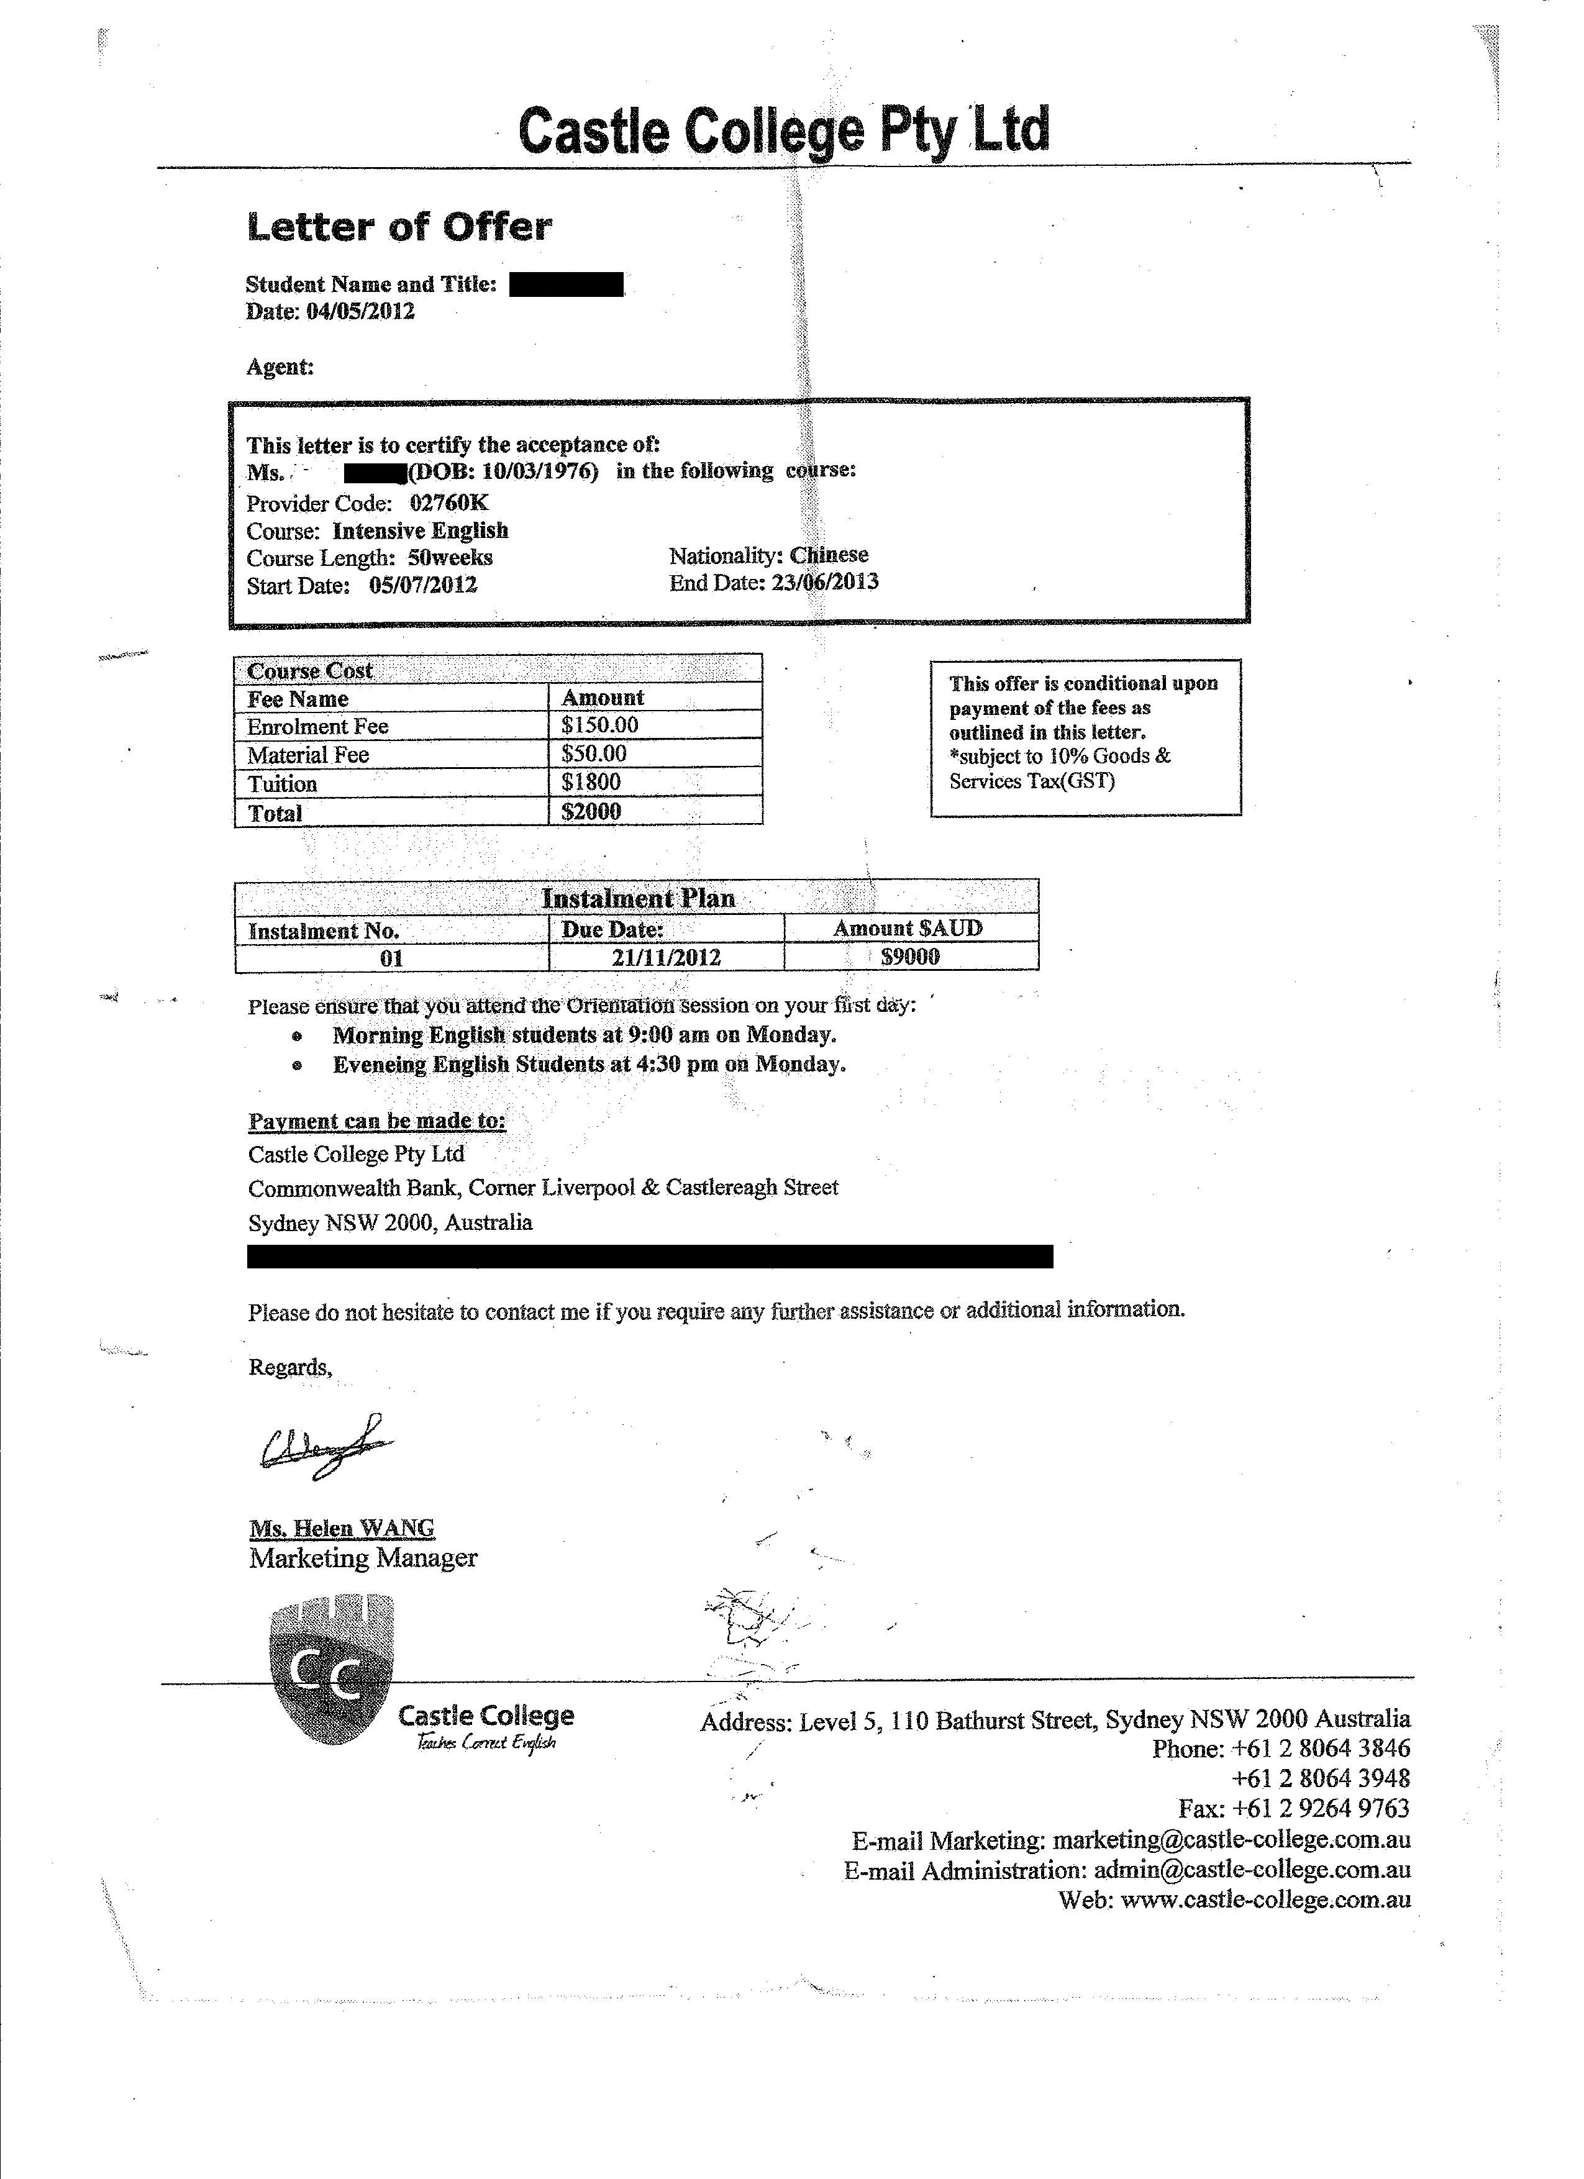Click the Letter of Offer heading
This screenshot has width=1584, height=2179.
pyautogui.click(x=399, y=227)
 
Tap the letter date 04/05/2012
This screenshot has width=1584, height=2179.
pyautogui.click(x=360, y=311)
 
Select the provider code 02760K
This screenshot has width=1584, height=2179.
pyautogui.click(x=450, y=503)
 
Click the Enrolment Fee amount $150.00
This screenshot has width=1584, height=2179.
pyautogui.click(x=600, y=726)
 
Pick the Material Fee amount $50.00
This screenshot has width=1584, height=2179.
pyautogui.click(x=594, y=754)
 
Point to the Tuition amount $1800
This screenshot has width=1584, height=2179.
pyautogui.click(x=592, y=782)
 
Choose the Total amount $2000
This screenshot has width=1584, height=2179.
pyautogui.click(x=592, y=812)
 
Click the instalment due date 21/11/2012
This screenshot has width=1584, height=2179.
pyautogui.click(x=667, y=958)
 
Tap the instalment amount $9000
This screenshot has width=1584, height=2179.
pyautogui.click(x=911, y=957)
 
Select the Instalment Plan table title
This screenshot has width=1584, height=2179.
pyautogui.click(x=638, y=898)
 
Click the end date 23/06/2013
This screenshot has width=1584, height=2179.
pyautogui.click(x=825, y=582)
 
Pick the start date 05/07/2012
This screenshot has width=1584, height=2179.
pyautogui.click(x=424, y=585)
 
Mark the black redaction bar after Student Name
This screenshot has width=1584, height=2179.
pyautogui.click(x=566, y=284)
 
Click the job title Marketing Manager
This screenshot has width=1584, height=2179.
pyautogui.click(x=363, y=1558)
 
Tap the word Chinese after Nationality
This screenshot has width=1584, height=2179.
pyautogui.click(x=829, y=555)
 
